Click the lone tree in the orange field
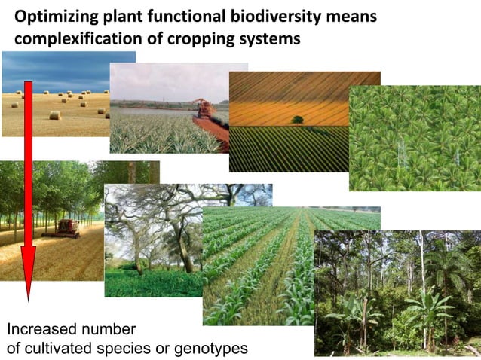tap(297, 119)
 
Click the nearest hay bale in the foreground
tap(54, 115)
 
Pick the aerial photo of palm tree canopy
tap(414, 138)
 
